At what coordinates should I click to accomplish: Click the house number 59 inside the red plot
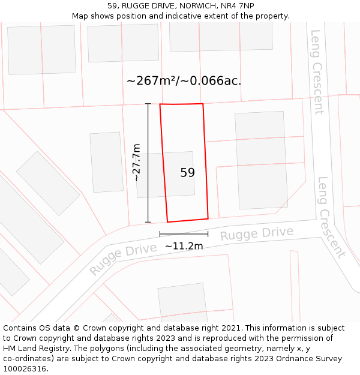tap(187, 173)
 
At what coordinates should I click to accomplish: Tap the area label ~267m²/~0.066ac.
tap(184, 80)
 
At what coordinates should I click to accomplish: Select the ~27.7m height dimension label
tap(137, 163)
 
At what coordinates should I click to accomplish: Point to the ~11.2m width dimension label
tap(184, 246)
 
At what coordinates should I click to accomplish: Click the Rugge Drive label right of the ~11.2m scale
tap(256, 233)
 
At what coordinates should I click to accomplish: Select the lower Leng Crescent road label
tap(331, 217)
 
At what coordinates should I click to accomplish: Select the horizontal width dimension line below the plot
tap(184, 234)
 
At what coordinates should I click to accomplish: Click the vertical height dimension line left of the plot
tap(148, 163)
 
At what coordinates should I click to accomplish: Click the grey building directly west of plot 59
tap(106, 162)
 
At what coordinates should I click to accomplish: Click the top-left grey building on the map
tap(41, 50)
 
